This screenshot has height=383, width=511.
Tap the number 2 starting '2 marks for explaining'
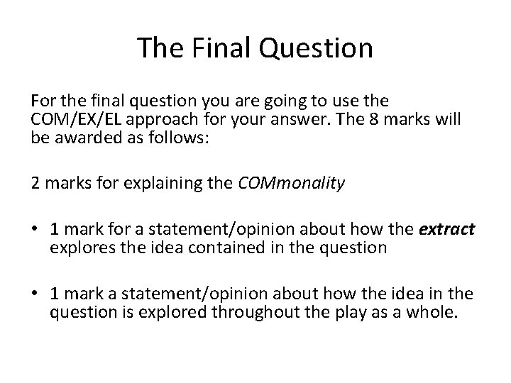point(35,184)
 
